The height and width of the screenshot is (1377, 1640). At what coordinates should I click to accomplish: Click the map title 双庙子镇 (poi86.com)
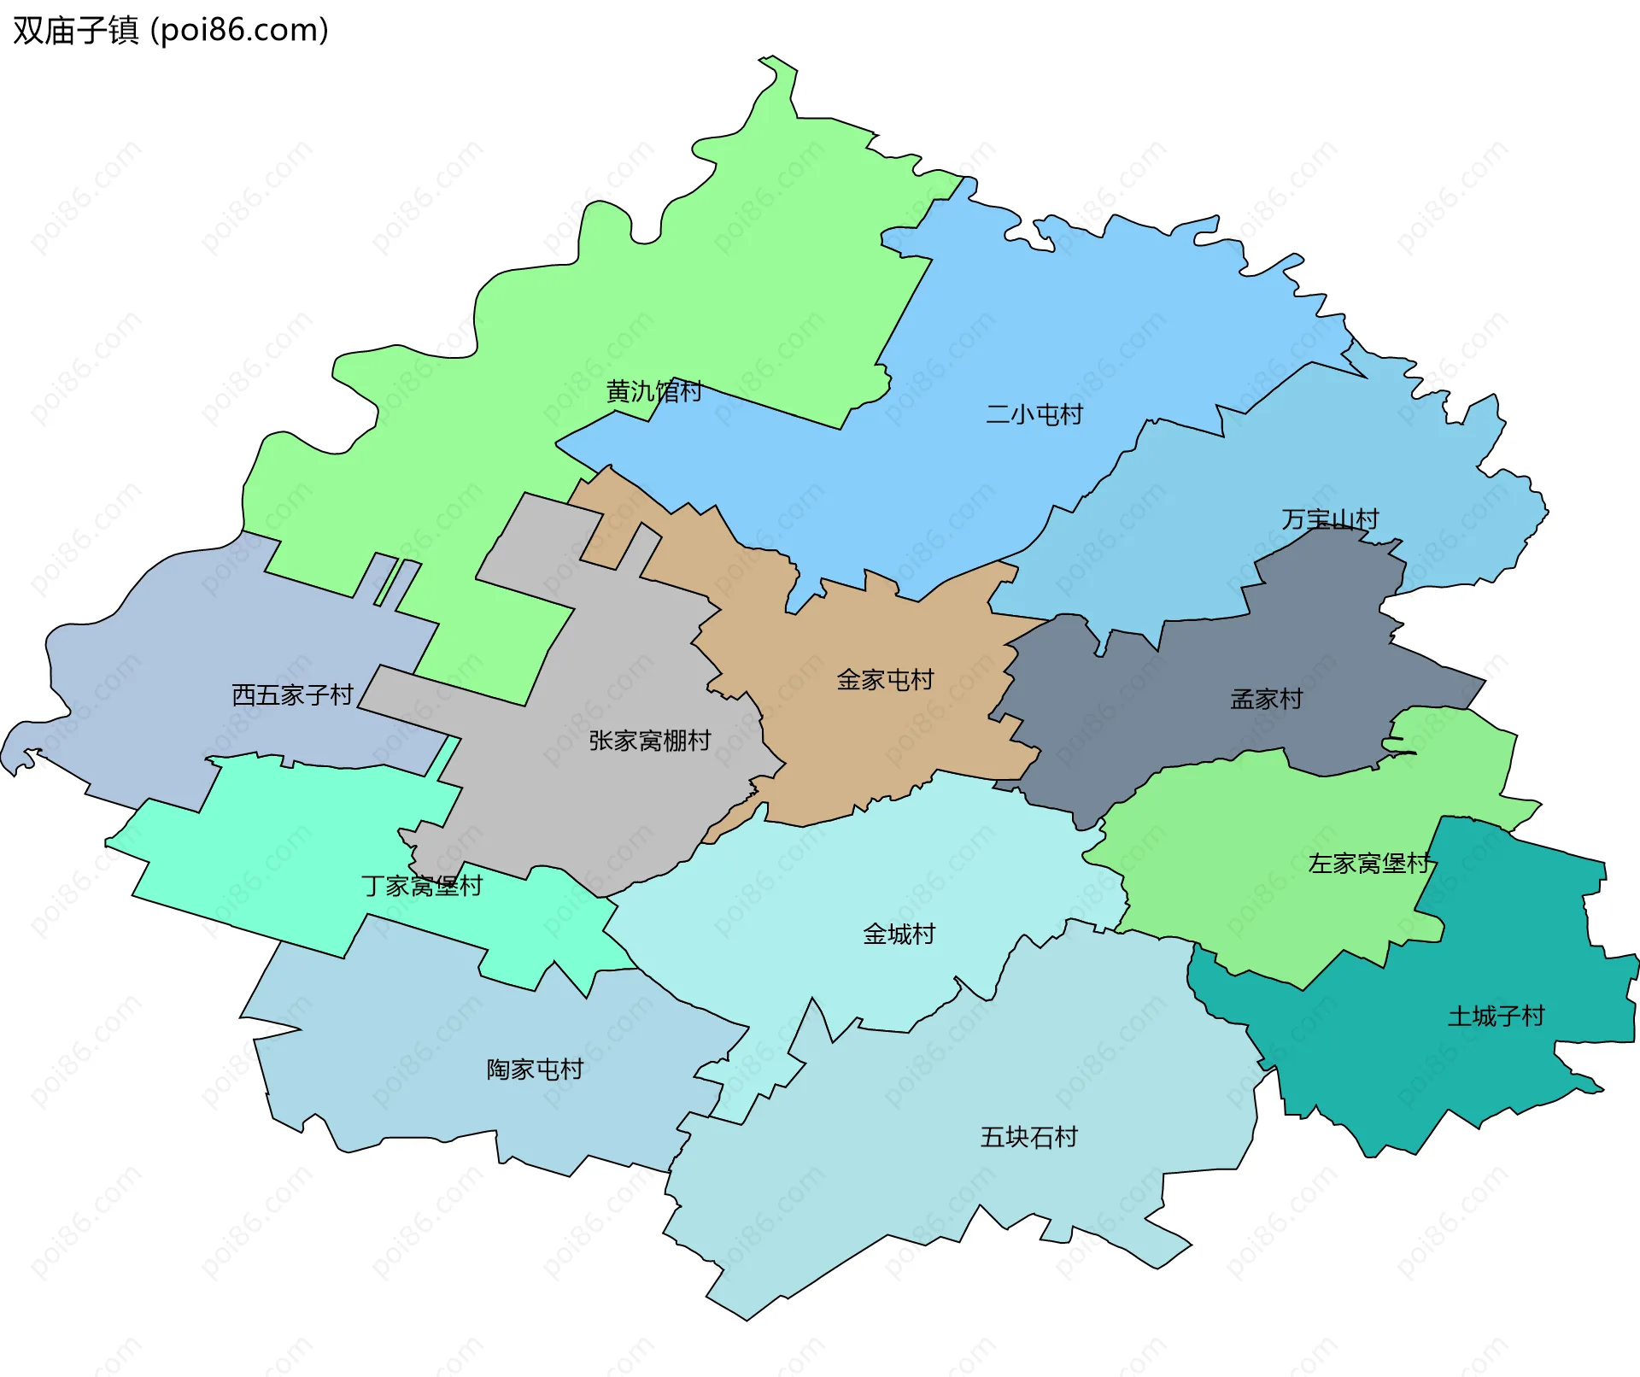click(171, 30)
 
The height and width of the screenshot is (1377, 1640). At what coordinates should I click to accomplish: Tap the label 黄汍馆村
click(653, 391)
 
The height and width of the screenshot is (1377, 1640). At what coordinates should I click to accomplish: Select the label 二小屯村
click(1034, 414)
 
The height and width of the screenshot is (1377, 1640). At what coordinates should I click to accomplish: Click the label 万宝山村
click(1330, 519)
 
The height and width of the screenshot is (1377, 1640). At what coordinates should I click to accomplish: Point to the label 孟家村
click(1266, 699)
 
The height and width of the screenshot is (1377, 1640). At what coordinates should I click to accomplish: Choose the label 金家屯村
click(885, 680)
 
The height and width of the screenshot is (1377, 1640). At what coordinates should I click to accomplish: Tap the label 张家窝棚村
click(649, 741)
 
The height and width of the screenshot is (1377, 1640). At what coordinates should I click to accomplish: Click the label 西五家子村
click(292, 694)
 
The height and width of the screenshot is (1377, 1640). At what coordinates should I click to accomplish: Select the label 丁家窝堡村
click(421, 885)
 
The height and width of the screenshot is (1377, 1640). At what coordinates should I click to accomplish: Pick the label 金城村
click(899, 934)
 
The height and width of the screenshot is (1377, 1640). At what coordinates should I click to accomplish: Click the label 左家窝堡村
click(1369, 863)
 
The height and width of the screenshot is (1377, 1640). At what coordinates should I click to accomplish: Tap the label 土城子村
click(1496, 1016)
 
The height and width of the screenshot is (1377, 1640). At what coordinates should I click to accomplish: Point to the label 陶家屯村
click(535, 1069)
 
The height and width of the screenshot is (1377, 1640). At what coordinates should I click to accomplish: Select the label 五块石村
click(1028, 1137)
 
